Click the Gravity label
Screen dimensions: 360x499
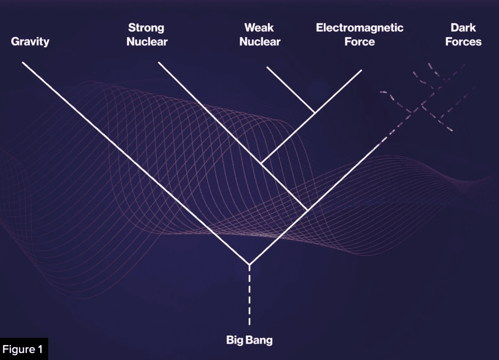(x=30, y=42)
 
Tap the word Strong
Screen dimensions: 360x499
(x=146, y=28)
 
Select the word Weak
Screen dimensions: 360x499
(x=259, y=28)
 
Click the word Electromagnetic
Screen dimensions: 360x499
(x=359, y=28)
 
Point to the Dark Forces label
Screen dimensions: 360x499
(x=463, y=35)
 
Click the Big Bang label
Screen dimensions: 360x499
(x=249, y=340)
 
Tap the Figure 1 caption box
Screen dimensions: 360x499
(x=24, y=349)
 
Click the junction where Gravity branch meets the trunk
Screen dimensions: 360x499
(x=249, y=264)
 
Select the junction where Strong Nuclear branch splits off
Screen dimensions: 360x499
(x=307, y=210)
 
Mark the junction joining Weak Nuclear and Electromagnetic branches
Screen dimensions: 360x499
(x=314, y=113)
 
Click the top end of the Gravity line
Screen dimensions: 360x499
(x=23, y=63)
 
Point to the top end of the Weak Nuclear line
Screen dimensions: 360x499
(x=267, y=67)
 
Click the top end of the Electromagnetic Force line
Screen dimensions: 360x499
(x=362, y=70)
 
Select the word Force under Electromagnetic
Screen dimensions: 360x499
(x=359, y=42)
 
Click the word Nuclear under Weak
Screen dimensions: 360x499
(x=260, y=42)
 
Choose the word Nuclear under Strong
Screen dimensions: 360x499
(x=147, y=42)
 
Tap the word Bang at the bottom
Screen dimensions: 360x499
(x=259, y=340)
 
